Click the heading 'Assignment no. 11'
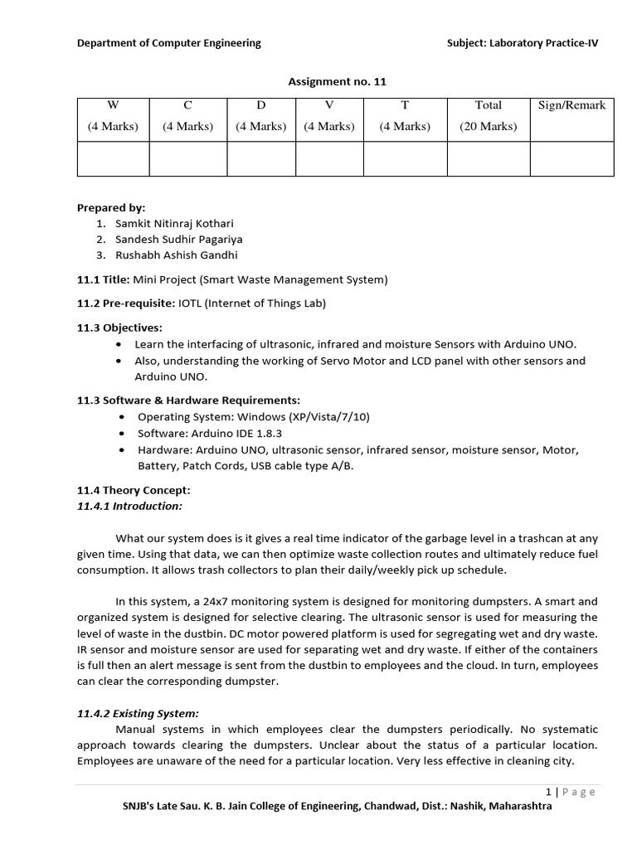[x=337, y=81]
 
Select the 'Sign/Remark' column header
[x=571, y=105]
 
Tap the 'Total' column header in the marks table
[x=488, y=105]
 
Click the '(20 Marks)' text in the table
[x=488, y=126]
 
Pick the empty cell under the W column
[x=113, y=158]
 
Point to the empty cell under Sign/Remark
[x=571, y=158]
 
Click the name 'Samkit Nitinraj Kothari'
[x=174, y=224]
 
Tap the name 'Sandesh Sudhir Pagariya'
[x=179, y=240]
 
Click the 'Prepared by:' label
[x=111, y=208]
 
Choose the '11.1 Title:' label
[x=104, y=279]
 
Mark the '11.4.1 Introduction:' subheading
[x=129, y=506]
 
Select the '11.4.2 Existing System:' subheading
[x=138, y=713]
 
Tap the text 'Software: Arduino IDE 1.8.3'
[x=210, y=433]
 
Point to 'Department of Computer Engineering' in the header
[x=168, y=43]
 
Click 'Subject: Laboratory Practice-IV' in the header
[x=522, y=43]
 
